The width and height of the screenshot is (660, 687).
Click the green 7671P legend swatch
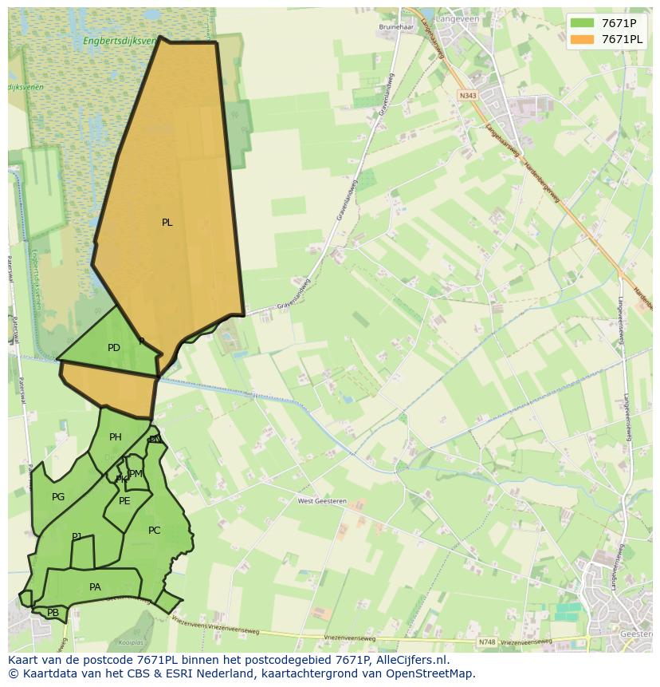tap(582, 23)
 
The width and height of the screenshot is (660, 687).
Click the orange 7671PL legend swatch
tap(582, 39)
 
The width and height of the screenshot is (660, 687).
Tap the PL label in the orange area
tap(167, 223)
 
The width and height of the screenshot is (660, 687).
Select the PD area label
tap(114, 348)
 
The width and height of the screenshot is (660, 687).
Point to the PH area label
tap(116, 437)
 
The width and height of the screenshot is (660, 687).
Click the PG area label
tap(58, 497)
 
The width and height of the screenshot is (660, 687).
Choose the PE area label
tap(124, 501)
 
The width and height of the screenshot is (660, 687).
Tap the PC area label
tap(155, 531)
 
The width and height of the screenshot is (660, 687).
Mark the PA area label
tap(95, 587)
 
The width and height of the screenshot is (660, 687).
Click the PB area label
tap(53, 613)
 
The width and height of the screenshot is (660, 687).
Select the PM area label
tap(136, 474)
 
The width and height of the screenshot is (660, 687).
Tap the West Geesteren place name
tap(323, 501)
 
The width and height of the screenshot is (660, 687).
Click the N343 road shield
tap(468, 95)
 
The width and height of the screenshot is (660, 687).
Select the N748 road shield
tap(487, 642)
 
